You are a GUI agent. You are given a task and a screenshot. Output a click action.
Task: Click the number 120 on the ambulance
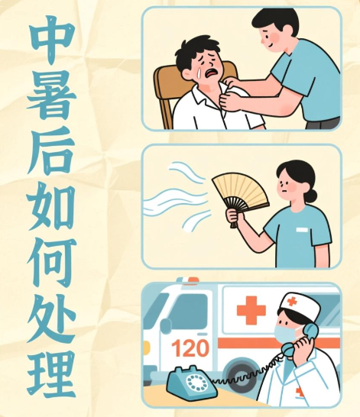click(x=190, y=348)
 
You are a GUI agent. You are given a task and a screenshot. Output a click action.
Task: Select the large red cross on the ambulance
click(x=251, y=310)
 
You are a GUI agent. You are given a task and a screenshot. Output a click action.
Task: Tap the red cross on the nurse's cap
click(x=292, y=302)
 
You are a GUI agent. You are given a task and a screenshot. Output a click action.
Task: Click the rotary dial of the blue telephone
click(x=197, y=383)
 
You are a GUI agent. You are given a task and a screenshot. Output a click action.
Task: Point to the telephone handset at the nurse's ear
click(x=300, y=341)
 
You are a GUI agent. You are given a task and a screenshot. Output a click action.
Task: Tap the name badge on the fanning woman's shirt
click(x=302, y=230)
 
